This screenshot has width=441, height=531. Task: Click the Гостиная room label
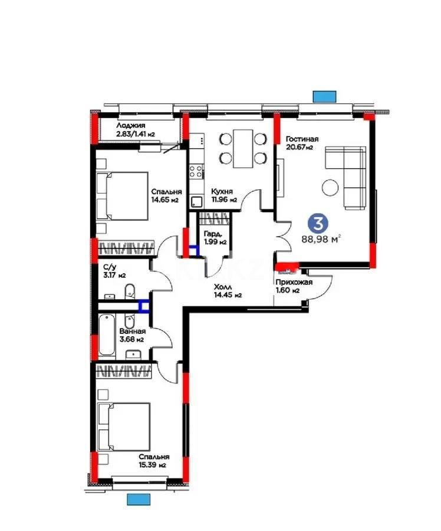point(302,139)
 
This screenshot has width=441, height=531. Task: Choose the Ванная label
point(132,331)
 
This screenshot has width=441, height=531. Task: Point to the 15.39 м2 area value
point(153,465)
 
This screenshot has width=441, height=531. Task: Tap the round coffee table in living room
point(330,188)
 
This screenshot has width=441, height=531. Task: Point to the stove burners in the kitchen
point(196,172)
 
